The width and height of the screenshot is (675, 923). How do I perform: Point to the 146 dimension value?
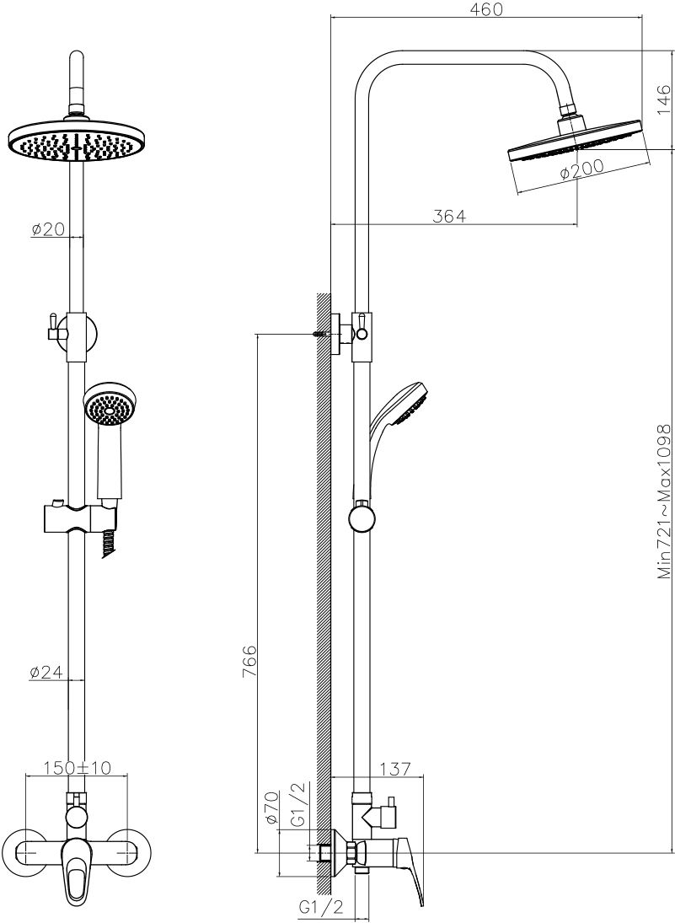663,99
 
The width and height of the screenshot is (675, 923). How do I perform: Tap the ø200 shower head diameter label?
581,169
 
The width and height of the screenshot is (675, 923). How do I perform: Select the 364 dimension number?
449,216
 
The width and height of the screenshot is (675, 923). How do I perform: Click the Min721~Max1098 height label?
664,501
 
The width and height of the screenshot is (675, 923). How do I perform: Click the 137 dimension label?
394,769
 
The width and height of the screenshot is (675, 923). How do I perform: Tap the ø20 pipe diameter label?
48,229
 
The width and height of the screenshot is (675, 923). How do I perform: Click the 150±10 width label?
77,768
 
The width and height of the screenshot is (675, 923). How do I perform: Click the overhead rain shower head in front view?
79,140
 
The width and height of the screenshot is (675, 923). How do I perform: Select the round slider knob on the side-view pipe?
362,519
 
